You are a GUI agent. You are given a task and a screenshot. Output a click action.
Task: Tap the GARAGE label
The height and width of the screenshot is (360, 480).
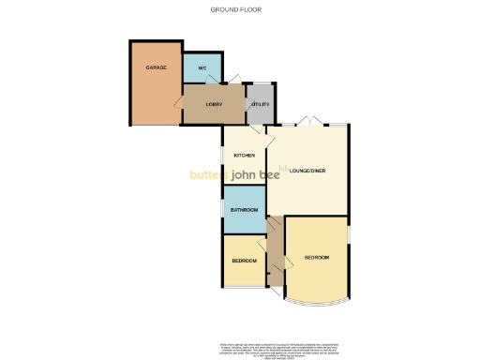pos(155,68)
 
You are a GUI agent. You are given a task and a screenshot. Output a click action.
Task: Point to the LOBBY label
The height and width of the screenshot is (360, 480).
pos(214,103)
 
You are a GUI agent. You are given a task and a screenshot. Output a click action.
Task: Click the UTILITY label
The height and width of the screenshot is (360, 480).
pos(260,104)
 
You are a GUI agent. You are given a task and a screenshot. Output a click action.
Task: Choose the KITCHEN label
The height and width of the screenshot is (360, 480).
pos(245,155)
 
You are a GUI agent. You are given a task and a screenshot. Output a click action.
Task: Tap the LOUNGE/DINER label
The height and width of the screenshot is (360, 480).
pos(308,170)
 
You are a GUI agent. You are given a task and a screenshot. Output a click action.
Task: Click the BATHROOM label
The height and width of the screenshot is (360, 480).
pos(244,209)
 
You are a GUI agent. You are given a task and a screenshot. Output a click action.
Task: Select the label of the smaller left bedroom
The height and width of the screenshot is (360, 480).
pos(244,260)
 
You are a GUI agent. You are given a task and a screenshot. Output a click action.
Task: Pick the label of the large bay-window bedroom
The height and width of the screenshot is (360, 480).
pos(316,257)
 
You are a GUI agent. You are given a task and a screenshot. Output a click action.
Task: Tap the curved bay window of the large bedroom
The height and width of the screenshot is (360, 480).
pos(316,303)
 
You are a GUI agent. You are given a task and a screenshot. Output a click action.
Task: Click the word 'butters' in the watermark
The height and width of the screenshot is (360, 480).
pos(211,173)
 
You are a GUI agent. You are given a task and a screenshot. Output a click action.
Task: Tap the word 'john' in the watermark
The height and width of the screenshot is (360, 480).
pos(248,173)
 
